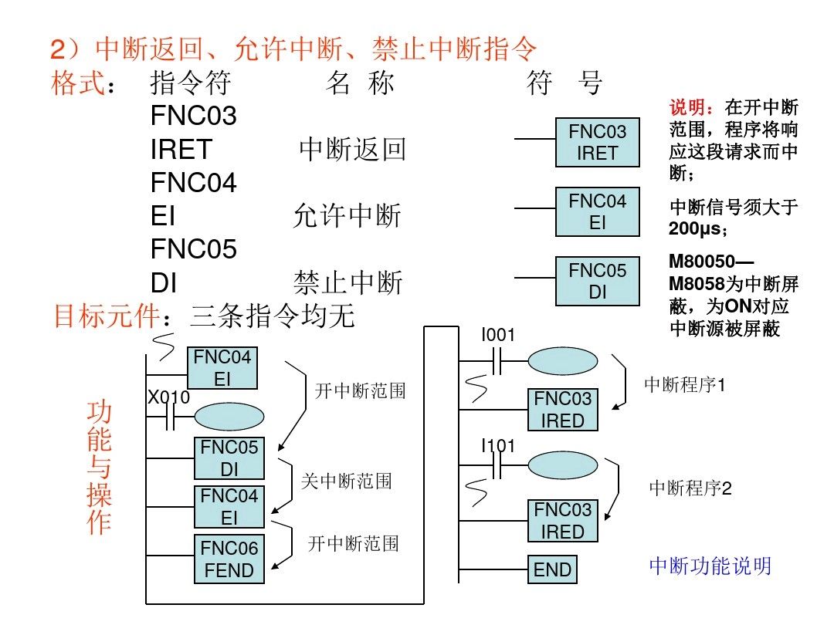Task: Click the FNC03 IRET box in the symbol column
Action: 597,143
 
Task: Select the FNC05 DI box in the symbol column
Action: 597,282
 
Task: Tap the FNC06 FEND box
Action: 229,559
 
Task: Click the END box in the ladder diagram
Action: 553,570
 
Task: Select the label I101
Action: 498,446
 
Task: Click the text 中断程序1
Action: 685,384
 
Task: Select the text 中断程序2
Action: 690,488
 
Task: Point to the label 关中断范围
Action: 346,481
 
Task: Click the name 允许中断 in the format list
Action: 347,217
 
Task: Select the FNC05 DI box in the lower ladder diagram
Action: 229,458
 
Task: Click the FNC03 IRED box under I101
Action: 563,521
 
